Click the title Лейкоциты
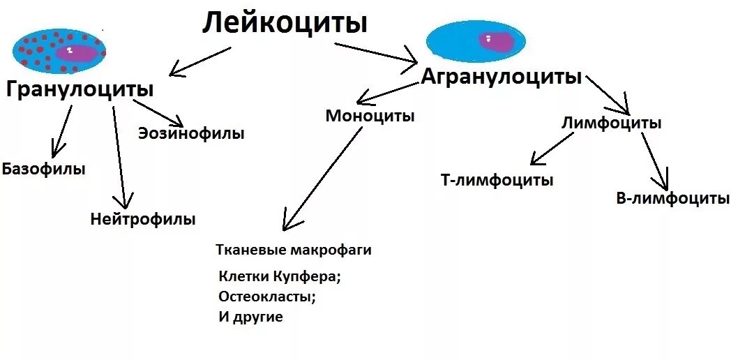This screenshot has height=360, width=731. click(285, 23)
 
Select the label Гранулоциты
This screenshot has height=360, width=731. click(80, 89)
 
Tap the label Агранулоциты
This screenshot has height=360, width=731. click(501, 76)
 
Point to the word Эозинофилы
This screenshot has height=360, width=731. click(191, 133)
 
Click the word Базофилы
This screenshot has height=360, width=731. click(44, 169)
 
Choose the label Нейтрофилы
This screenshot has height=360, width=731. click(143, 219)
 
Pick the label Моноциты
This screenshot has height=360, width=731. click(370, 116)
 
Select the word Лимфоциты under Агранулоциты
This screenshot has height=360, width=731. click(612, 123)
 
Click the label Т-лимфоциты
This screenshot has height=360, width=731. click(497, 180)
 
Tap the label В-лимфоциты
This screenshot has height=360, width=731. click(672, 198)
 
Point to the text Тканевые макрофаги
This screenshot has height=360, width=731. click(294, 250)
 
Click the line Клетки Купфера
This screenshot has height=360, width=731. click(279, 276)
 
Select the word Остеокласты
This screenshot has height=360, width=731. click(267, 296)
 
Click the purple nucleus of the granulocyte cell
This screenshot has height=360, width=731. click(77, 54)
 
